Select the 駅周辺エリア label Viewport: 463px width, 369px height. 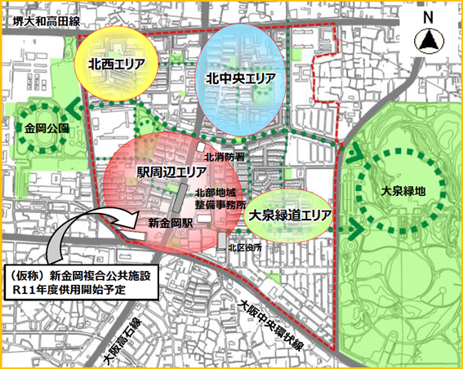tap(171, 173)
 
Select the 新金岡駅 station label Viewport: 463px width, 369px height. tap(169, 221)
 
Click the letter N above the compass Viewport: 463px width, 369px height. tap(427, 17)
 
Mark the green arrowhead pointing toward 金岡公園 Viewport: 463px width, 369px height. tap(75, 104)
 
